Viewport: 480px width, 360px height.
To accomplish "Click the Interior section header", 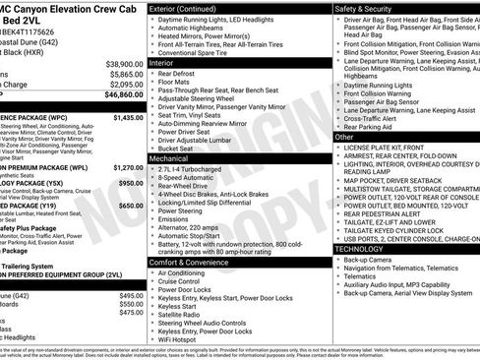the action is coord(167,62).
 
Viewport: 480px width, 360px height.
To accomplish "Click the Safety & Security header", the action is coord(367,9).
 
